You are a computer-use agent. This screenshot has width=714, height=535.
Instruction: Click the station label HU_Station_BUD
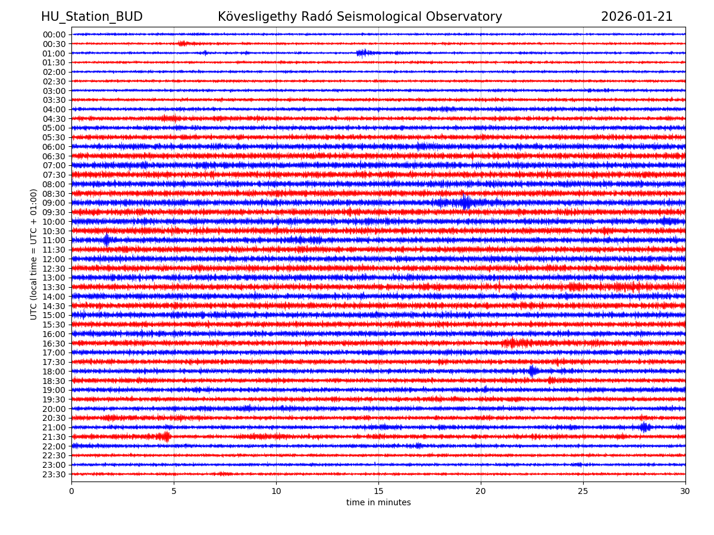92,17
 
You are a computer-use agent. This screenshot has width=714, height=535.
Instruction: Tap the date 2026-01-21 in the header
637,17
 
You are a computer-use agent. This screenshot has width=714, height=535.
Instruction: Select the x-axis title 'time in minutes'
378,503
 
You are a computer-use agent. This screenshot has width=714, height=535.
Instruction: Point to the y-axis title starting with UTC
34,254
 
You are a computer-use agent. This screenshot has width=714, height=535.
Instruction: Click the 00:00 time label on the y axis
54,34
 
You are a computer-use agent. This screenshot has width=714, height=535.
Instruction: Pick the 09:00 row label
54,203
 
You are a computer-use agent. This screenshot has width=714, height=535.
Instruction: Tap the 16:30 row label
54,344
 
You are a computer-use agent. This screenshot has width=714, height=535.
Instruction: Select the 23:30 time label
54,474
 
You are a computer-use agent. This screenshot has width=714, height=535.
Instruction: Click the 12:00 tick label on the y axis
54,259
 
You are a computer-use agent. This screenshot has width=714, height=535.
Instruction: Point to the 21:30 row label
54,437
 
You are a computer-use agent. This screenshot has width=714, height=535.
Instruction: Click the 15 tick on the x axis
378,491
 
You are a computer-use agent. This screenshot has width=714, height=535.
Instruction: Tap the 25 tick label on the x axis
583,491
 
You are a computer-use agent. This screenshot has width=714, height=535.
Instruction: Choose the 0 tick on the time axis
71,491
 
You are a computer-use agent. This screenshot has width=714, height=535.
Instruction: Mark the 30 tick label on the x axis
685,491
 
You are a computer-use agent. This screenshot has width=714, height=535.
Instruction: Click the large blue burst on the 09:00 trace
465,203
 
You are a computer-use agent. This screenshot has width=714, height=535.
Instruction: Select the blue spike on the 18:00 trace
533,371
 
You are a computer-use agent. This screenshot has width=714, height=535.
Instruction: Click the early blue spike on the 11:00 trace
107,240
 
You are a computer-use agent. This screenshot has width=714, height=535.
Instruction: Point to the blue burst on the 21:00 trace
644,427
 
